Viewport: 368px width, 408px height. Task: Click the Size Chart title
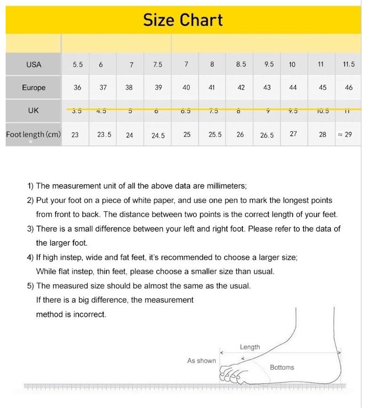tap(183, 20)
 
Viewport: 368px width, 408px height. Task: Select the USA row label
tap(33, 64)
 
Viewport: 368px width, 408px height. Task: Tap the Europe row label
tap(33, 88)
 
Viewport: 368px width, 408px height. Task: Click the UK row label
tap(33, 111)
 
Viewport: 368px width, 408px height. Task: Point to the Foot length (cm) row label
tap(33, 135)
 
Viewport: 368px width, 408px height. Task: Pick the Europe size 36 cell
tap(78, 88)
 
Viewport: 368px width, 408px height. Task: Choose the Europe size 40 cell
tap(186, 88)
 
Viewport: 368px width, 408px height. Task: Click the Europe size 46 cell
tap(349, 88)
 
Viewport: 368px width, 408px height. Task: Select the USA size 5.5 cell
tap(78, 64)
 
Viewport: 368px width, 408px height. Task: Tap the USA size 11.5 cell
tap(349, 64)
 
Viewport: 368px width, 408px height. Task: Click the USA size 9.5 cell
tap(269, 64)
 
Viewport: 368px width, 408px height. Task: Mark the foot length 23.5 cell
tap(104, 135)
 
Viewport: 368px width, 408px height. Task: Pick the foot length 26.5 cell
tap(267, 135)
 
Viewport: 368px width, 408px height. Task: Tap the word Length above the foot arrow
tap(250, 347)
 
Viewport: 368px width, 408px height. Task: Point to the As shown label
tap(201, 361)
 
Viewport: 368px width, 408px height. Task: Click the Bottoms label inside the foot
tap(282, 368)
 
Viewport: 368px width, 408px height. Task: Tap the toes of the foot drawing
tap(231, 374)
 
